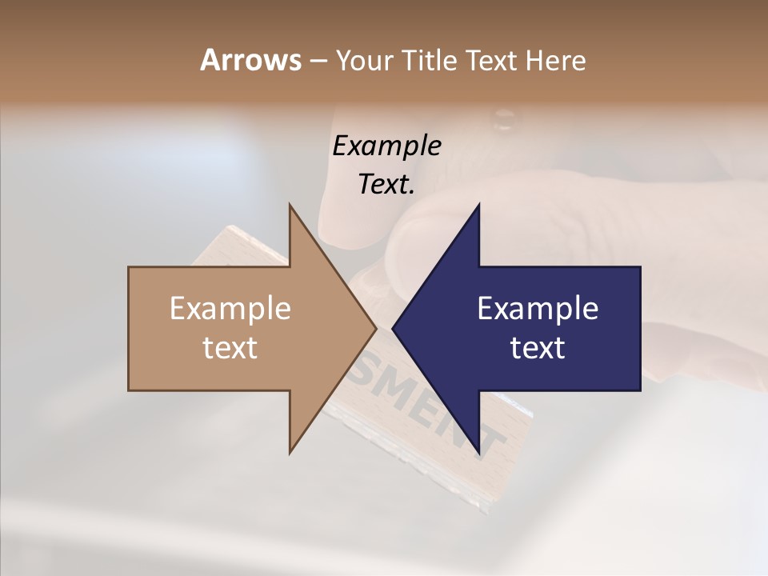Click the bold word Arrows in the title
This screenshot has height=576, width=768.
pyautogui.click(x=250, y=60)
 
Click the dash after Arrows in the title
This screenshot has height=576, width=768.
pyautogui.click(x=318, y=61)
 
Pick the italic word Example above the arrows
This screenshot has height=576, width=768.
pyautogui.click(x=387, y=146)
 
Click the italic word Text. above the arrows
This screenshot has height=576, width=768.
pyautogui.click(x=387, y=184)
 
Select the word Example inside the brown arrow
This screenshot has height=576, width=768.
pyautogui.click(x=230, y=308)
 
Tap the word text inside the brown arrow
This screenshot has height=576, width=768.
pyautogui.click(x=230, y=348)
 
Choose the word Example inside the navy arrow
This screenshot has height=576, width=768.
pyautogui.click(x=538, y=308)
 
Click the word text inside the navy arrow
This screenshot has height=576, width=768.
pyautogui.click(x=538, y=348)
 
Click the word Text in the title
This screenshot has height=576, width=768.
pyautogui.click(x=494, y=60)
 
